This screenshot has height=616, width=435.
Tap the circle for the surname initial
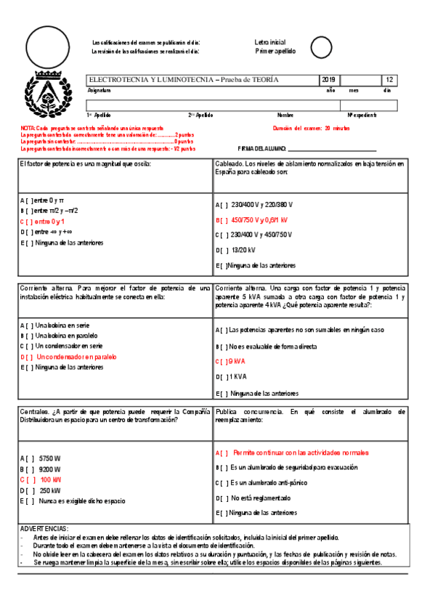[x=320, y=46]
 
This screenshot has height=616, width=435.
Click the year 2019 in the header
[x=328, y=80]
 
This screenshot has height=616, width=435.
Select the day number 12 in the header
[x=390, y=80]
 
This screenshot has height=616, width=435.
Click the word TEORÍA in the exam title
[x=262, y=80]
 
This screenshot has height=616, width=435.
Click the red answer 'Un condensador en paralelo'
[x=70, y=357]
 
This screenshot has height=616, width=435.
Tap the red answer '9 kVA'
[x=237, y=361]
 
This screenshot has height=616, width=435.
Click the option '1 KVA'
[x=238, y=376]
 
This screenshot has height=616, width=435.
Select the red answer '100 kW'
[x=50, y=479]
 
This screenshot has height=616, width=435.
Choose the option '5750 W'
[x=50, y=458]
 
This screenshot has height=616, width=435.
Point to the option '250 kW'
[x=50, y=490]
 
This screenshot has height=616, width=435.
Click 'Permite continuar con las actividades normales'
[x=301, y=452]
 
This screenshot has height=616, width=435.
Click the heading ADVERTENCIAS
[x=45, y=528]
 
